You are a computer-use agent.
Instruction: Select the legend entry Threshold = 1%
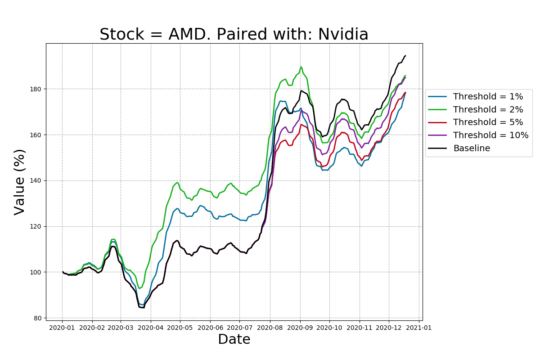[x=488, y=97]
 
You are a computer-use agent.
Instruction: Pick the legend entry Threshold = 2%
[x=488, y=109]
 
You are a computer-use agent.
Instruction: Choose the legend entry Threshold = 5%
[x=488, y=122]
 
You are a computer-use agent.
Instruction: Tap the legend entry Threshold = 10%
[x=490, y=135]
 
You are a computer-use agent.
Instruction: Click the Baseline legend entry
[x=471, y=148]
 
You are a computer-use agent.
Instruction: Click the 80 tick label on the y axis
[x=39, y=318]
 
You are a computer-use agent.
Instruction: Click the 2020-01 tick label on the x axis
[x=63, y=328]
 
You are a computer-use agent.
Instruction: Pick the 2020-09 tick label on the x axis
[x=300, y=328]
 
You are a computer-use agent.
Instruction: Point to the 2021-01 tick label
[x=419, y=328]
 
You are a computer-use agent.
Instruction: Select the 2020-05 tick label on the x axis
[x=180, y=328]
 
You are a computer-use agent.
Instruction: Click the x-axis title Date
[x=234, y=340]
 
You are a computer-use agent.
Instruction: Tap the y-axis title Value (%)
[x=19, y=182]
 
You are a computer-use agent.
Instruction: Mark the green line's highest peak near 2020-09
[x=301, y=67]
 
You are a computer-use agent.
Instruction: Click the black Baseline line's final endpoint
[x=405, y=56]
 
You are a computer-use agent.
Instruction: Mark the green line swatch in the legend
[x=438, y=109]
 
